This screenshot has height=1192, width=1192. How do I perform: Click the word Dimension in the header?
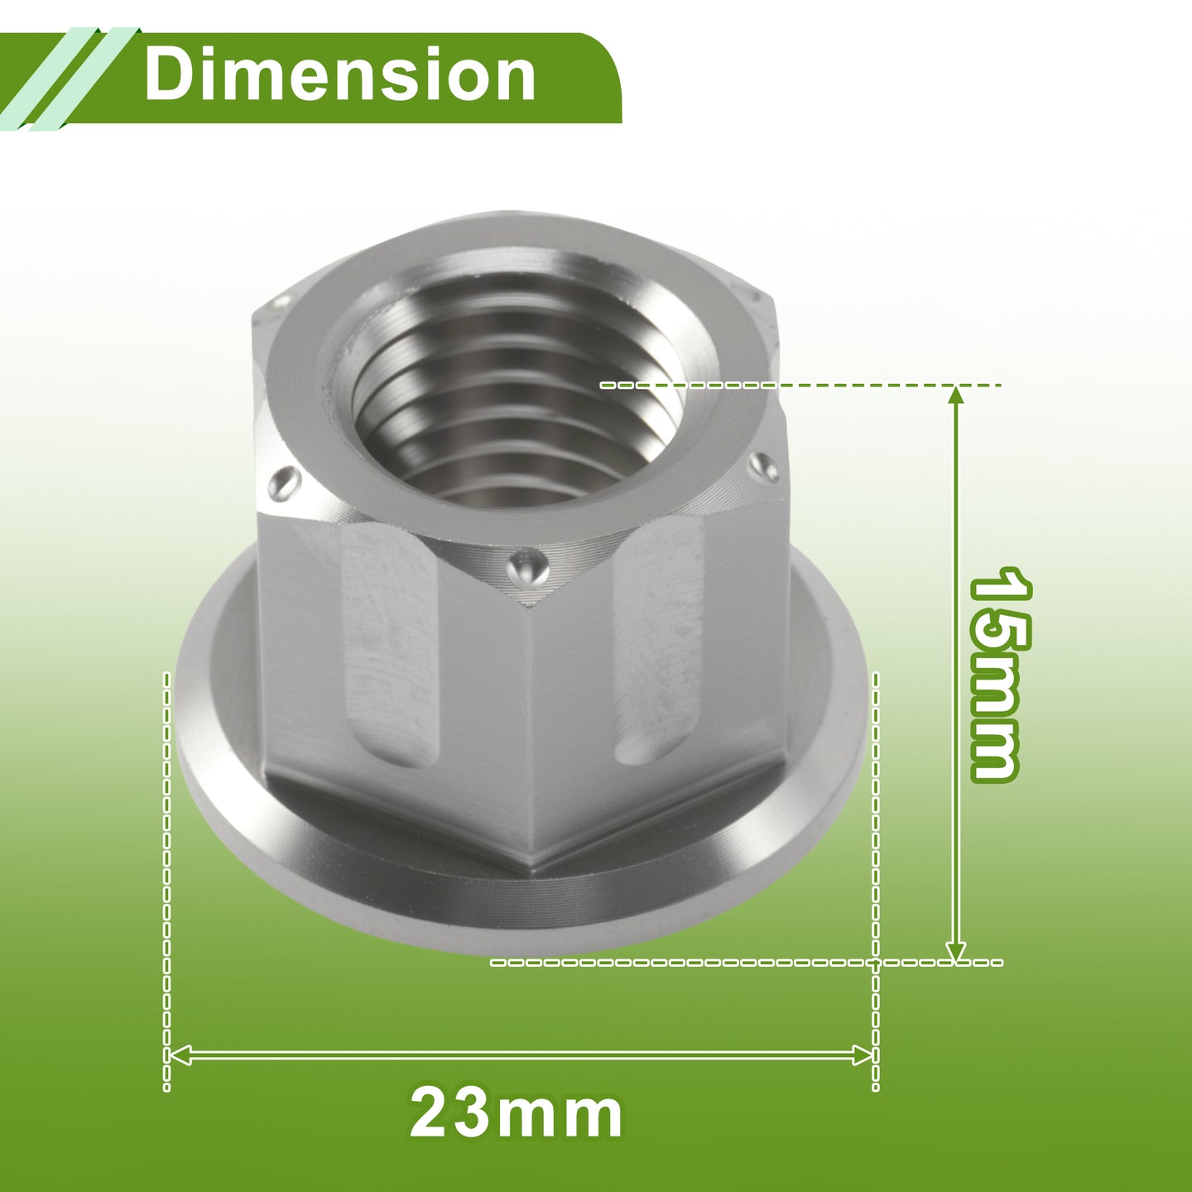pos(339,75)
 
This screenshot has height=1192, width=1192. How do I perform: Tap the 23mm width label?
pos(517,1114)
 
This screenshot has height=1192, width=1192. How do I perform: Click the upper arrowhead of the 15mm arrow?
pos(956,395)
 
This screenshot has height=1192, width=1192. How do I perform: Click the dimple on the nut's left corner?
pos(285,483)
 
